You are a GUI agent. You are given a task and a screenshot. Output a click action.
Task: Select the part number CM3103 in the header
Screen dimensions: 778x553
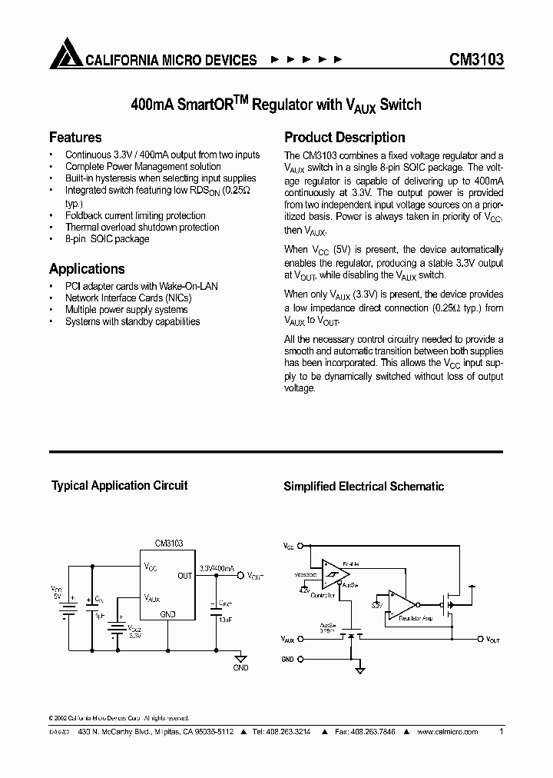pos(476,59)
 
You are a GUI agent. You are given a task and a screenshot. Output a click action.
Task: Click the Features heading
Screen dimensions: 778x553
pos(75,138)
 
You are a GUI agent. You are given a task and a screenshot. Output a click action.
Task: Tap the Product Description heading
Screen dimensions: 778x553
pos(345,138)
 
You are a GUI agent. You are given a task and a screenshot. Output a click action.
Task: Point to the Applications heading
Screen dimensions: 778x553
pos(87,269)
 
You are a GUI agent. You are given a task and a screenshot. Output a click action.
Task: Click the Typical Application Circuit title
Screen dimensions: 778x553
pos(119,486)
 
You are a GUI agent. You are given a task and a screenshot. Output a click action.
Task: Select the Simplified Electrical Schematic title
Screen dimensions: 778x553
pos(364,486)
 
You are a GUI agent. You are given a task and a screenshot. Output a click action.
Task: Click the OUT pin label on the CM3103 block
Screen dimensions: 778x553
pos(185,575)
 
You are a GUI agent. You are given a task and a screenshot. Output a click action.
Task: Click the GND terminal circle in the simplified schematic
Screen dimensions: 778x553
pos(300,659)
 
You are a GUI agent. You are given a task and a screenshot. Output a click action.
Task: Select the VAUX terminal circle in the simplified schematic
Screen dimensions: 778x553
pos(300,639)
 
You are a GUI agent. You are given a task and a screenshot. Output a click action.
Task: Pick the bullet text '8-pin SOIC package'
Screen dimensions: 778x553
pos(107,239)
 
